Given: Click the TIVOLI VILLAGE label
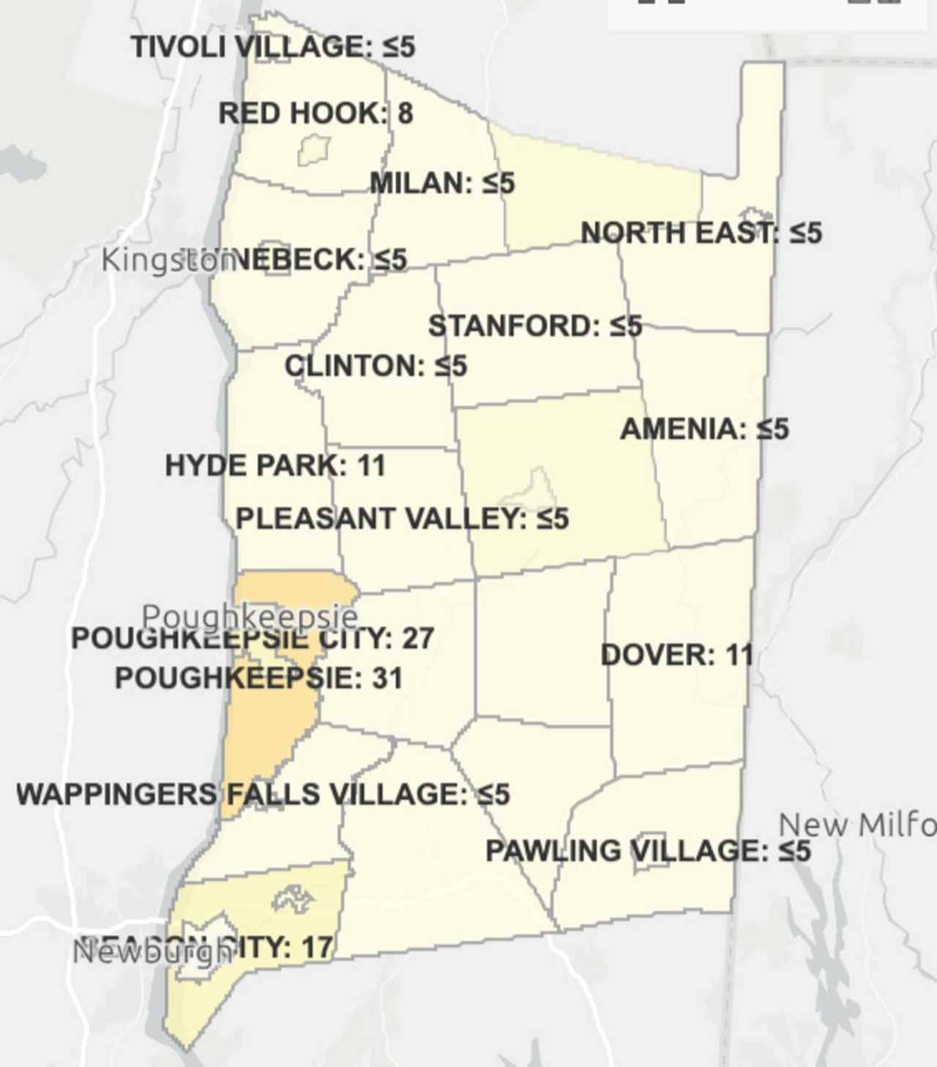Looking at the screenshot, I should pos(272,47).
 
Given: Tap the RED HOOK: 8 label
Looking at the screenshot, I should pos(316,113).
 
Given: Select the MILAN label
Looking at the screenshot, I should pos(442,182).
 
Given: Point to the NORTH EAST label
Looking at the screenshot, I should pos(701,233).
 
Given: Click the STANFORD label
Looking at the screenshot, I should pos(535,326).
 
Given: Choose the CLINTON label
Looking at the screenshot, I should pos(375,365).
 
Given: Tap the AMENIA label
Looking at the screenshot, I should pos(704,429).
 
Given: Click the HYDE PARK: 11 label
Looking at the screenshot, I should pos(275,465).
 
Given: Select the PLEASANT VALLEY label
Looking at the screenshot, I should pos(402,519).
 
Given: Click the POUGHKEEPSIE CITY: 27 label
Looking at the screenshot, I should pos(253,639).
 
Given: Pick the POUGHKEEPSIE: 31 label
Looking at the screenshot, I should pos(258,678).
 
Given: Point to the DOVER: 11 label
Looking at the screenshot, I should pos(676,655).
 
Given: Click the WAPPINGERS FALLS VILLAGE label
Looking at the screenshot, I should pos(263,794).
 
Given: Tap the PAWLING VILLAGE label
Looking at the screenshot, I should pos(648,850).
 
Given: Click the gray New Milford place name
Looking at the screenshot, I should pos(856,825).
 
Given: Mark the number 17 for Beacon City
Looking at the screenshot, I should pos(316,948).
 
